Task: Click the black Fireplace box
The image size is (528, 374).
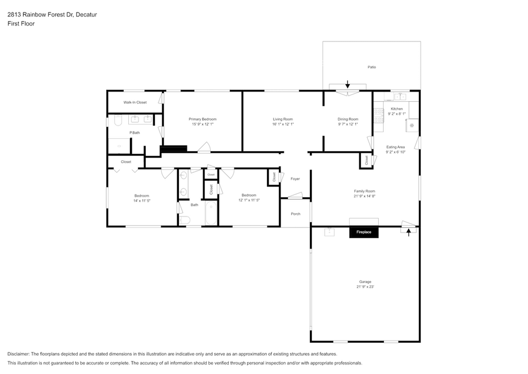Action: (364, 232)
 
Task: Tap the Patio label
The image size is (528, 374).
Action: (372, 67)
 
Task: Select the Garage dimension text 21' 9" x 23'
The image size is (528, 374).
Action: (366, 287)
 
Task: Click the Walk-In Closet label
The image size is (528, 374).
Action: (135, 102)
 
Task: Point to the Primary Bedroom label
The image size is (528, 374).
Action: (202, 119)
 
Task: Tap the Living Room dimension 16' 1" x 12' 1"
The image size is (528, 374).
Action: (283, 124)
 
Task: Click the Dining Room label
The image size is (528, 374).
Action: (348, 119)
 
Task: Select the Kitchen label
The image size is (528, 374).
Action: (397, 109)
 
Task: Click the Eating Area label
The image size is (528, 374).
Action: (395, 147)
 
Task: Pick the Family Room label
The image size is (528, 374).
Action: (364, 191)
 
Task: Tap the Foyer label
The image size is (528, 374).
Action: (295, 179)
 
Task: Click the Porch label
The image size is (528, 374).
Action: (296, 214)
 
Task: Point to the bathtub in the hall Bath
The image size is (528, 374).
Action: (211, 213)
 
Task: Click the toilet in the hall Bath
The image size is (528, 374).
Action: (185, 220)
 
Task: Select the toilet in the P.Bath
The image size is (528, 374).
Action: (118, 120)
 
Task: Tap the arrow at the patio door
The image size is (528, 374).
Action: (348, 84)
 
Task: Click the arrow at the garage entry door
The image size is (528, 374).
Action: (409, 232)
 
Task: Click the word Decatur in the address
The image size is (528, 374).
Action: (86, 15)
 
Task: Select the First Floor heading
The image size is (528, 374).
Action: (21, 24)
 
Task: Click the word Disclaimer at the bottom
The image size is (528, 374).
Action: (18, 354)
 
